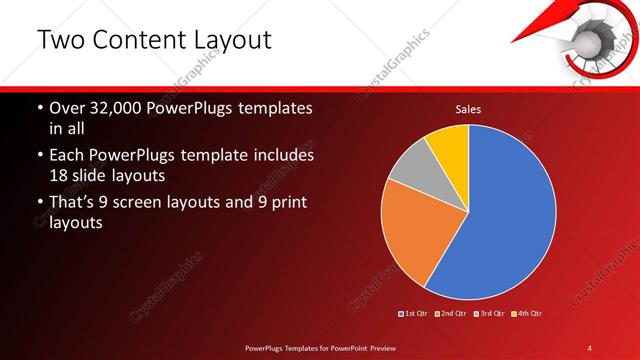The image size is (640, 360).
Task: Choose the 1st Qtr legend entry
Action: click(x=415, y=313)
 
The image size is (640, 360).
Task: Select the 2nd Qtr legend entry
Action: click(x=452, y=313)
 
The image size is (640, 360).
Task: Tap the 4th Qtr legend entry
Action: click(x=527, y=313)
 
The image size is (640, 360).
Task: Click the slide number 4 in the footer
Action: click(x=590, y=347)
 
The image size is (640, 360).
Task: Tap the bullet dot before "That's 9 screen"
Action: click(x=39, y=204)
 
